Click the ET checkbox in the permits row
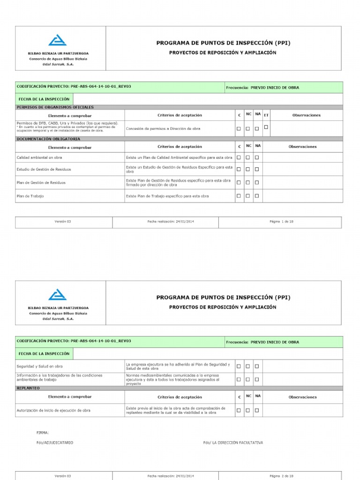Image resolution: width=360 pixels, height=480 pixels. (x=266, y=127)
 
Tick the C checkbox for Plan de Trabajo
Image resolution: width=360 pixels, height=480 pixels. (x=239, y=196)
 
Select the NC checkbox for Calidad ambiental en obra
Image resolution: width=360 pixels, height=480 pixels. (x=248, y=157)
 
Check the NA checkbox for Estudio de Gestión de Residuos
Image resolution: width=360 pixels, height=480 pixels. (x=257, y=169)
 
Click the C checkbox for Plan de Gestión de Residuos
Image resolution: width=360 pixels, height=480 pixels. (x=239, y=182)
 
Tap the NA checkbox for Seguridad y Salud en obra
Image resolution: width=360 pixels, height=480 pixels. (x=257, y=366)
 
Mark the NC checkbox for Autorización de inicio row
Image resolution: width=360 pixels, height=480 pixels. (x=248, y=410)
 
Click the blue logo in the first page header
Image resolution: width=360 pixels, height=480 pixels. (x=58, y=40)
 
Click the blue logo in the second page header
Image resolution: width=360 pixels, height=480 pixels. (x=58, y=294)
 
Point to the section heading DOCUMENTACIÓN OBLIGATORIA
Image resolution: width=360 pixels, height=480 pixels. (x=48, y=139)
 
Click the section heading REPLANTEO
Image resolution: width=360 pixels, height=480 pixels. (x=28, y=388)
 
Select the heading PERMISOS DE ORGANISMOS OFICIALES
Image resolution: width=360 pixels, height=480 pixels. (x=55, y=107)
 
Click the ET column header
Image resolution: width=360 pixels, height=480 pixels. (x=266, y=115)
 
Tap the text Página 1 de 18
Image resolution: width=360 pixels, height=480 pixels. (x=281, y=221)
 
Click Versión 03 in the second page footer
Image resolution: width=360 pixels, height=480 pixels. (x=63, y=476)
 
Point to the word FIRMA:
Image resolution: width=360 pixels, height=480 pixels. (x=43, y=432)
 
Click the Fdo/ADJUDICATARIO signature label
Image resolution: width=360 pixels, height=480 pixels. (x=55, y=442)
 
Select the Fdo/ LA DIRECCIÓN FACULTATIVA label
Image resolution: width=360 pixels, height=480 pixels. (x=233, y=442)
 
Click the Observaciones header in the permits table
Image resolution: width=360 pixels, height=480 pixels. (x=306, y=115)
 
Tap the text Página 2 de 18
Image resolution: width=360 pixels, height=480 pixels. (x=281, y=476)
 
